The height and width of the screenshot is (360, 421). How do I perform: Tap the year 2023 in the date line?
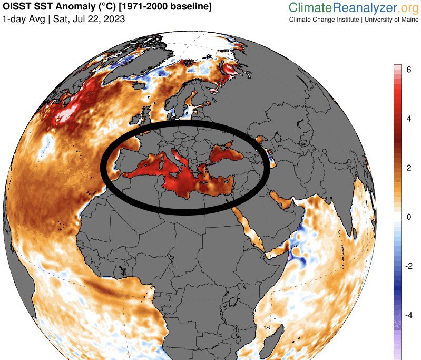[x=115, y=20]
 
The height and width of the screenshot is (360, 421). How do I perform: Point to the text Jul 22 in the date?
[x=83, y=20]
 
